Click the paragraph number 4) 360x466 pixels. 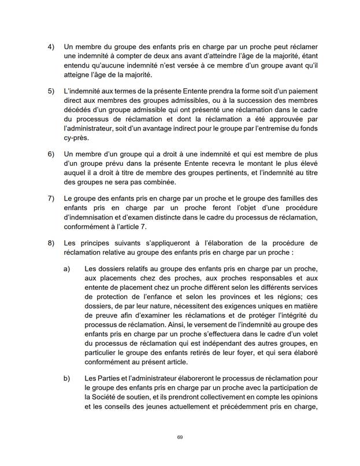pyautogui.click(x=50, y=46)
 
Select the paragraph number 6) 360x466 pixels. pyautogui.click(x=50, y=155)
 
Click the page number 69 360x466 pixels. pyautogui.click(x=180, y=437)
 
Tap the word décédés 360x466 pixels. pyautogui.click(x=80, y=112)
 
